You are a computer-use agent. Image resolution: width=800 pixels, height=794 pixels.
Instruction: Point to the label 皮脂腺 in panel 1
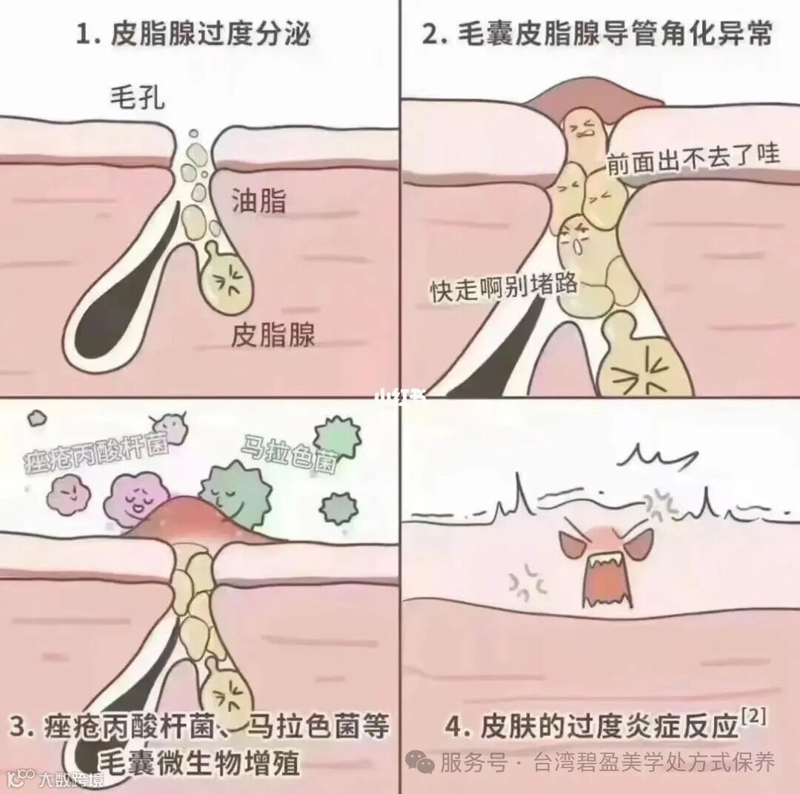pos(273,335)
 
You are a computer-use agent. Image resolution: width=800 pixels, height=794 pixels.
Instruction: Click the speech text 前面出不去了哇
pos(693,157)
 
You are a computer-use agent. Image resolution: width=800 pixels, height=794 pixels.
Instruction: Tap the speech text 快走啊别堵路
pos(504,287)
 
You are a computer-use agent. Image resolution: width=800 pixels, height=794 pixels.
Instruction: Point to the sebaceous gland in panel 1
pos(227,278)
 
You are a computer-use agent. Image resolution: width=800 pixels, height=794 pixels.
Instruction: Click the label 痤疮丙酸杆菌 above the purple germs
pos(97,453)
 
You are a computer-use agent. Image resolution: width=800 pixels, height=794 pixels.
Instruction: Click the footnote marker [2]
pos(753,718)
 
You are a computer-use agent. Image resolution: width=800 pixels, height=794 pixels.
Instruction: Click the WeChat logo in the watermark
pos(420,762)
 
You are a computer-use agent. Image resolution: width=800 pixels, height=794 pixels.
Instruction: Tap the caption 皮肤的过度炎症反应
pos(610,726)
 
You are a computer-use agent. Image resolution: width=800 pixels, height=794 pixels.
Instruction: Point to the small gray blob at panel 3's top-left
pos(36,419)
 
